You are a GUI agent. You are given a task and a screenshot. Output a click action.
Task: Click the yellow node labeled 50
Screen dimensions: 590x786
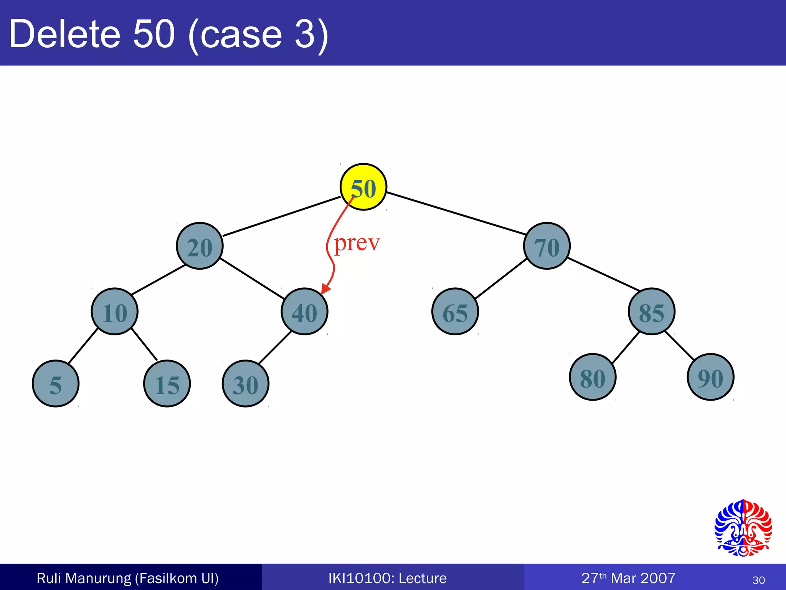[x=363, y=187]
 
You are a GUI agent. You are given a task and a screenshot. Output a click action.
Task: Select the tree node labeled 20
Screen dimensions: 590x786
[x=200, y=246]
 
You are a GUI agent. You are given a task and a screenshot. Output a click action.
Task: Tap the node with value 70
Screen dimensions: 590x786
[x=547, y=246]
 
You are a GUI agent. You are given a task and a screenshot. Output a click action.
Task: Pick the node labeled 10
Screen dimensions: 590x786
[x=114, y=312]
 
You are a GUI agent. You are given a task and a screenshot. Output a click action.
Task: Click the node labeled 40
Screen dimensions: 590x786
[x=304, y=312]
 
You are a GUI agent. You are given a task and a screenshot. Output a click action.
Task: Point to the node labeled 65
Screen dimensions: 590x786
[x=455, y=312]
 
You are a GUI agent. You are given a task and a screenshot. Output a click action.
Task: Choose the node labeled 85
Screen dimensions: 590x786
[x=651, y=312]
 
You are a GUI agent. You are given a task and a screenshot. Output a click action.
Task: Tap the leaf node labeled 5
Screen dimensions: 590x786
[x=56, y=383]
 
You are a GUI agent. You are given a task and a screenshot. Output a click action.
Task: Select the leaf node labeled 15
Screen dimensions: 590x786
[x=167, y=383]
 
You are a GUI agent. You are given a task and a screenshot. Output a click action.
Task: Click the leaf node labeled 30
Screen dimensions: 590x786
[x=246, y=383]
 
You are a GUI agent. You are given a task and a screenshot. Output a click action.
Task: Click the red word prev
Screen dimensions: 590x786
[x=357, y=243]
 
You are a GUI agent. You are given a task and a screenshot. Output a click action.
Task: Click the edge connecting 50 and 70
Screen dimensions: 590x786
[x=456, y=213]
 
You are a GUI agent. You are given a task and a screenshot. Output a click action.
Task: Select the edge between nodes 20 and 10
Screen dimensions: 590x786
[x=158, y=280]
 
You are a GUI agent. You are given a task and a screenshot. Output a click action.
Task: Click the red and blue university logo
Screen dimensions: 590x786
[x=743, y=528]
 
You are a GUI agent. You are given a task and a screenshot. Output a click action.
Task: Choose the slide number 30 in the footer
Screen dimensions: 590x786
[x=758, y=580]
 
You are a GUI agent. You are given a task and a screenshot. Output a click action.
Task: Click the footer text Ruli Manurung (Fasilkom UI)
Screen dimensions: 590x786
[x=127, y=578]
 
